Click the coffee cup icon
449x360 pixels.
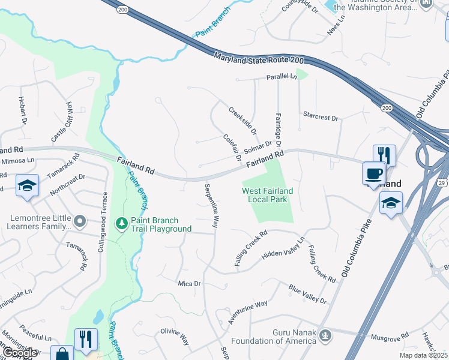coord(374,173)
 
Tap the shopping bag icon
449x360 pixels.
coord(62,355)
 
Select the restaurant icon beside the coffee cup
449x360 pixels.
coord(384,155)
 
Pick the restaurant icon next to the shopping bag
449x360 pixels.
coord(86,339)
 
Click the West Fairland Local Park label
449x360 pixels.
coord(268,195)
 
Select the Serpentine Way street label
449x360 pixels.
coord(211,205)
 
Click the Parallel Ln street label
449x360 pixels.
coord(282,77)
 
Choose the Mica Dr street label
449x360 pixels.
coord(188,283)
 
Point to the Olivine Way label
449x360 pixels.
coord(175,336)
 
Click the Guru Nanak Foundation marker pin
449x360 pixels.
coord(325,334)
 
